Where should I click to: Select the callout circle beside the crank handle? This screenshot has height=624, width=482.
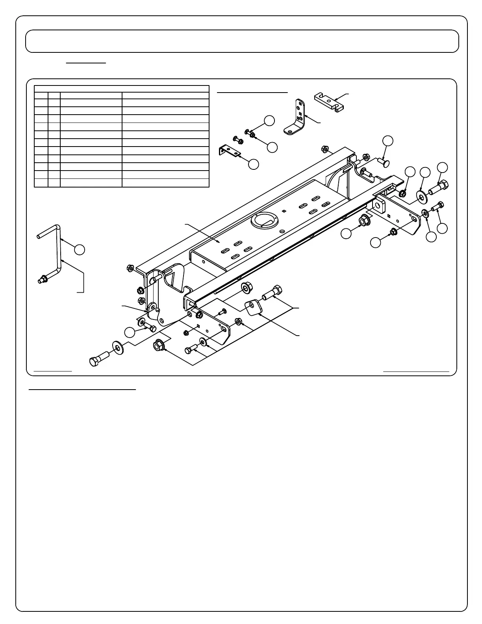pyautogui.click(x=80, y=249)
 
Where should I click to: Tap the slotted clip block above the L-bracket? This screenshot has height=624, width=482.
pyautogui.click(x=329, y=101)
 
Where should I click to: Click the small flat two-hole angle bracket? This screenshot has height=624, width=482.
pyautogui.click(x=230, y=151)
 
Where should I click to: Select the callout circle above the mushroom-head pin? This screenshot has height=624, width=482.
pyautogui.click(x=388, y=141)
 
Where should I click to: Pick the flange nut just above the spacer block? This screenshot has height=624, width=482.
pyautogui.click(x=247, y=288)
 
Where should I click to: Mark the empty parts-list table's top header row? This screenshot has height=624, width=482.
pyautogui.click(x=121, y=89)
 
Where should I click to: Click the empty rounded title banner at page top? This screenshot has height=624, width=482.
pyautogui.click(x=242, y=41)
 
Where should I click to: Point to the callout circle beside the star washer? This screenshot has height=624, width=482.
pyautogui.click(x=432, y=237)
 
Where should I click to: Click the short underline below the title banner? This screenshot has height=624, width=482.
pyautogui.click(x=86, y=62)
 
